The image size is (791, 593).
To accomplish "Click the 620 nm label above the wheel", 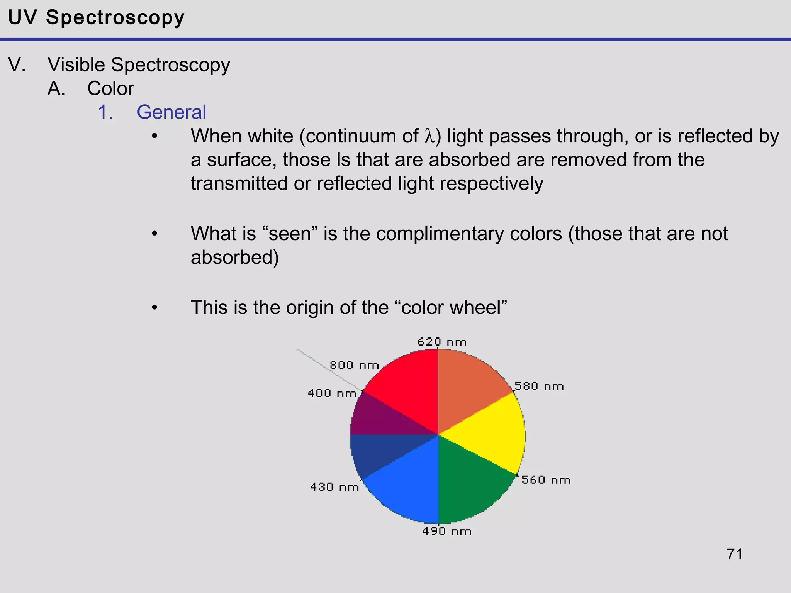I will coord(442,342).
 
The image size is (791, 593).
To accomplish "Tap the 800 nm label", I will coord(354,365).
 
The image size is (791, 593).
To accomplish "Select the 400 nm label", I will coord(332,393).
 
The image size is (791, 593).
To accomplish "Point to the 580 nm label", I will coord(539,386).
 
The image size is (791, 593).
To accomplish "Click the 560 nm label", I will coord(546,479).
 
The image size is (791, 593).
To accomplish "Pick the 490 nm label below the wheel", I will coord(446,531).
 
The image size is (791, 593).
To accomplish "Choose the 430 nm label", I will coord(334,486).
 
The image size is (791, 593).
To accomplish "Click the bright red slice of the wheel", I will coord(406,386).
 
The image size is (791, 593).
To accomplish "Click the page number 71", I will coord(734,554).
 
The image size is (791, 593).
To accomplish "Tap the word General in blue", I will coord(171,112).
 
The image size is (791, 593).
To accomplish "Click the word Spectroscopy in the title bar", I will coord(115,18).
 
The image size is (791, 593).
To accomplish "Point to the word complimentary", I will coord(468,234).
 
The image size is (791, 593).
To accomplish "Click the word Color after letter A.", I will coord(110,88).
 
